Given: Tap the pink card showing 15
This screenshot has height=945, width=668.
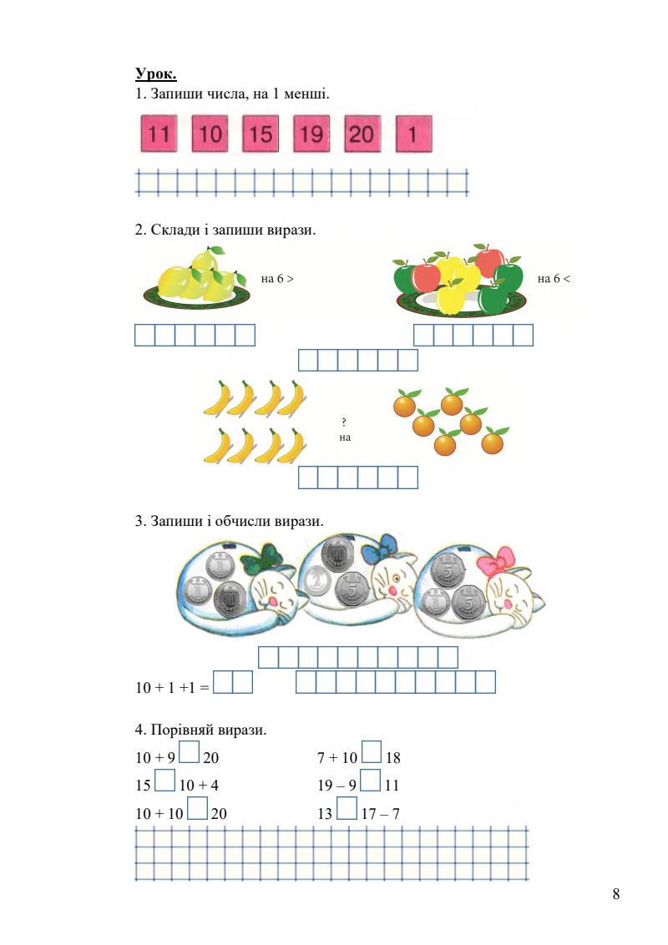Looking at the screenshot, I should click(x=261, y=134).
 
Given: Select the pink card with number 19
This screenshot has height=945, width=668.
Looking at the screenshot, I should click(x=311, y=134).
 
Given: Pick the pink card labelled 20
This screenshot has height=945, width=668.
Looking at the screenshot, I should click(x=362, y=134).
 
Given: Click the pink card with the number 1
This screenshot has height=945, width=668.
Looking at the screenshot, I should click(x=412, y=134).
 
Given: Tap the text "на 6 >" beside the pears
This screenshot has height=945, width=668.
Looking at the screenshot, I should click(x=277, y=279).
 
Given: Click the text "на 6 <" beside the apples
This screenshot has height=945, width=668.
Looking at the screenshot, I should click(x=554, y=279).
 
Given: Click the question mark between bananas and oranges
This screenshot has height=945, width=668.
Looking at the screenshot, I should click(x=345, y=422).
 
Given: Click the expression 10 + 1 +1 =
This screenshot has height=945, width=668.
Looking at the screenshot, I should click(x=172, y=689).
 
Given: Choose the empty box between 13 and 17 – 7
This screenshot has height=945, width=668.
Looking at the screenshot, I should click(x=347, y=810).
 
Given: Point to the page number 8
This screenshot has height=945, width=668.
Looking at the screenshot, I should click(x=616, y=895).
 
